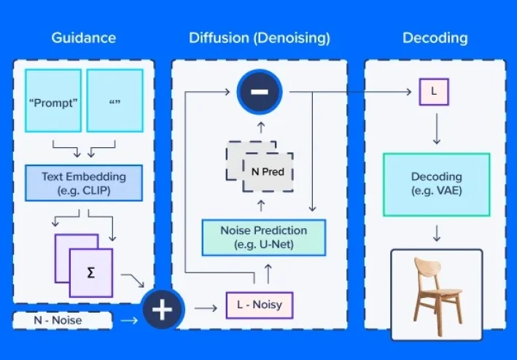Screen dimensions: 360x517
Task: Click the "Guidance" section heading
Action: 83,38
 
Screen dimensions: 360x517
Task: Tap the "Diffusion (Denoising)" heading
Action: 259,38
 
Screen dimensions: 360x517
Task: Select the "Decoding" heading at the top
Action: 435,38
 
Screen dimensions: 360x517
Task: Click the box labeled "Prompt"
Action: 53,101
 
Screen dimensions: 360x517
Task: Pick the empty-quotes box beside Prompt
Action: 114,101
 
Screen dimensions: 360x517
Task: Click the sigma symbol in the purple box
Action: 90,272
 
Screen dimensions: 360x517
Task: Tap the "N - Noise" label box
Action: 62,320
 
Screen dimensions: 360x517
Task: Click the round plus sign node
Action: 161,309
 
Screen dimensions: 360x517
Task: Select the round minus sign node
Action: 259,93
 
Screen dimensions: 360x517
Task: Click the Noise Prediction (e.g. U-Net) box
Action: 263,238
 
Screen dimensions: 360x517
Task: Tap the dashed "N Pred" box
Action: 267,173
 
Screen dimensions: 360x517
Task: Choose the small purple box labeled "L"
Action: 434,93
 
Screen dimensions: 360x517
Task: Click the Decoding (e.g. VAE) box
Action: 436,184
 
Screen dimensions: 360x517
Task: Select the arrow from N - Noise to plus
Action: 128,320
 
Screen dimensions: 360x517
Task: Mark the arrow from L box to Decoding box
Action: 436,128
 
